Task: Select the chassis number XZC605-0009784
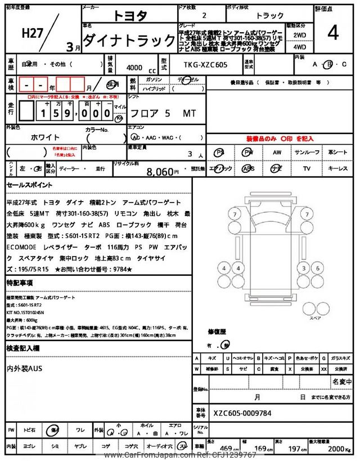click(242, 413)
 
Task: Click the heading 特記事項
click(19, 282)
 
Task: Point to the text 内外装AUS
click(26, 368)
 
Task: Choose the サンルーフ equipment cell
click(307, 153)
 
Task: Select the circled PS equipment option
click(220, 153)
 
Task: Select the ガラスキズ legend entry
click(340, 357)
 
